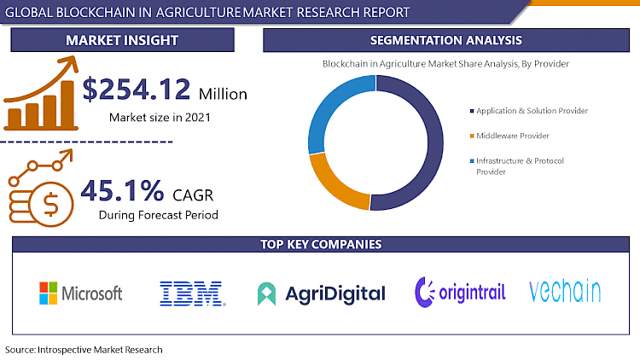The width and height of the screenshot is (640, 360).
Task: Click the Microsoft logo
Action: point(81,293)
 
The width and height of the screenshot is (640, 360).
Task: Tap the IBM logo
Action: point(192,293)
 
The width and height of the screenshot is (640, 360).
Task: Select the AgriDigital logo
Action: point(321,293)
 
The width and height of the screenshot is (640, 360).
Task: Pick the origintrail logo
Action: point(460,293)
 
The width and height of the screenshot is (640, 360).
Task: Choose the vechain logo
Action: point(564,292)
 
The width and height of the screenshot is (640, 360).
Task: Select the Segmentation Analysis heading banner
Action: point(446,40)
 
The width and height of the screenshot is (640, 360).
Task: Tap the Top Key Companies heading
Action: point(320,245)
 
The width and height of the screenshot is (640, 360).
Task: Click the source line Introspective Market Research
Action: point(84,350)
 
